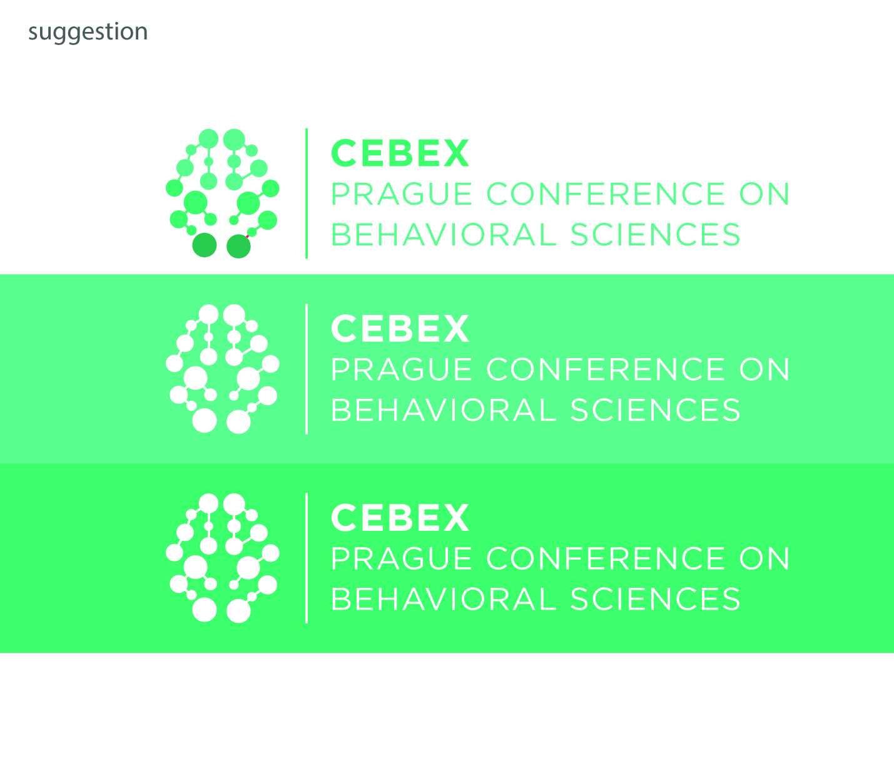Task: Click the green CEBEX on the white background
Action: pos(400,153)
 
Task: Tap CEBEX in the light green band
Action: pos(400,329)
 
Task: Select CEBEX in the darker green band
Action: pos(400,518)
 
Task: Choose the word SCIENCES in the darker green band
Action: pos(656,599)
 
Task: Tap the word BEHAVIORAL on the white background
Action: pos(444,235)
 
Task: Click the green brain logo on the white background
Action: pos(222,193)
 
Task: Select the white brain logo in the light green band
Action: pos(222,369)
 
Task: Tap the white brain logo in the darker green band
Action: pos(222,558)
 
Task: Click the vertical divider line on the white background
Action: pos(307,193)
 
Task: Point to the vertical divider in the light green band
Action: pos(307,369)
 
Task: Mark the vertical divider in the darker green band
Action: pos(307,558)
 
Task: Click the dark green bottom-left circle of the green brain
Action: pos(204,245)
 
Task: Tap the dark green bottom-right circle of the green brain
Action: pos(238,246)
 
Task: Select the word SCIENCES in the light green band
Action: pos(656,410)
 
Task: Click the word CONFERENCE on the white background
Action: pos(606,194)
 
